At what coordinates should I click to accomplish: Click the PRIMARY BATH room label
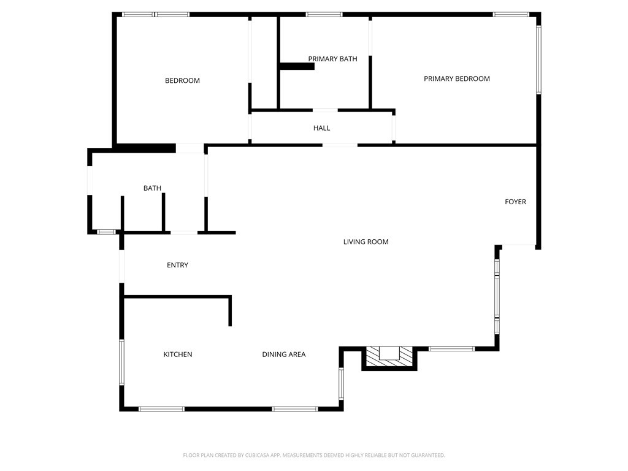tap(332, 59)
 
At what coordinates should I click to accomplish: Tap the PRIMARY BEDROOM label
tap(457, 78)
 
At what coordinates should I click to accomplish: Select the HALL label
tap(321, 128)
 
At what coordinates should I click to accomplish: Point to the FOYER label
tap(515, 202)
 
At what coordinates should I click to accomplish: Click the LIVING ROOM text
tap(366, 242)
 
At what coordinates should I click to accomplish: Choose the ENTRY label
tap(177, 265)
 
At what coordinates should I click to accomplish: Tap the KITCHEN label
tap(178, 354)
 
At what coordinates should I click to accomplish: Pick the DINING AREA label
tap(283, 354)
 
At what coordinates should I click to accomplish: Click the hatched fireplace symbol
tap(389, 358)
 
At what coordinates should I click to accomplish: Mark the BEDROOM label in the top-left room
tap(182, 80)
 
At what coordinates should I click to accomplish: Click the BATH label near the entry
tap(152, 188)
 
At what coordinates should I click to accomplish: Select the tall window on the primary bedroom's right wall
tap(538, 59)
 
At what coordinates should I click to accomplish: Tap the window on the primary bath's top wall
tap(324, 14)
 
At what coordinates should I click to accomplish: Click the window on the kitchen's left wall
tap(121, 362)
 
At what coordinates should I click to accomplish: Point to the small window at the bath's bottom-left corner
tap(106, 232)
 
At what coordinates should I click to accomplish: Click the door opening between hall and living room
tap(340, 145)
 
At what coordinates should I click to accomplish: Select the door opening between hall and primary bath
tap(325, 110)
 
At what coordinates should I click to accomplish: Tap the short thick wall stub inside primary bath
tap(297, 66)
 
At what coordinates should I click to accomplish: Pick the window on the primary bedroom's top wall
tap(511, 14)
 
